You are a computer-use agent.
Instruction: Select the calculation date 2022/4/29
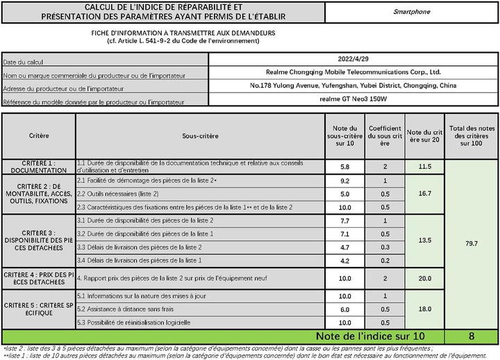pyautogui.click(x=353, y=59)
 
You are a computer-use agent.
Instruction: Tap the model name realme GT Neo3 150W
pyautogui.click(x=353, y=99)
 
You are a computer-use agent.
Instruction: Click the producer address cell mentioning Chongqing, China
pyautogui.click(x=353, y=85)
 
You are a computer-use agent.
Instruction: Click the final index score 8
pyautogui.click(x=472, y=336)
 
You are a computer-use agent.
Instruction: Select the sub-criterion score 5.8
pyautogui.click(x=344, y=167)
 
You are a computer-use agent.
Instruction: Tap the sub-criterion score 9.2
pyautogui.click(x=344, y=181)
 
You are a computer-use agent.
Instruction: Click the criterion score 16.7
pyautogui.click(x=424, y=194)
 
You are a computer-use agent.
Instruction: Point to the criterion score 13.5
pyautogui.click(x=424, y=240)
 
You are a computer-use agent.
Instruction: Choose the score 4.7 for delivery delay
pyautogui.click(x=344, y=247)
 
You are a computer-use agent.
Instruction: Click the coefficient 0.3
pyautogui.click(x=385, y=247)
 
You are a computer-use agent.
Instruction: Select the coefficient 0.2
pyautogui.click(x=385, y=261)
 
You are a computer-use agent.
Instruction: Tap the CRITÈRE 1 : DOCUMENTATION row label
pyautogui.click(x=39, y=167)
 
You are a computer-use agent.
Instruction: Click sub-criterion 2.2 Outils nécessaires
pyautogui.click(x=117, y=194)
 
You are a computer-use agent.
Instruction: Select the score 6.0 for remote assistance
pyautogui.click(x=344, y=309)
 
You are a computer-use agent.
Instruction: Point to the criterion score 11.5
pyautogui.click(x=424, y=167)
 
